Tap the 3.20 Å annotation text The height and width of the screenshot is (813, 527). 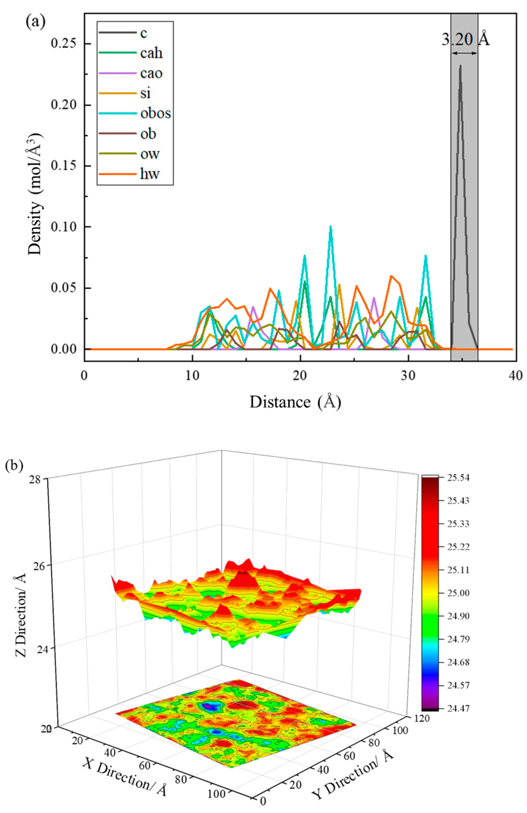pos(465,40)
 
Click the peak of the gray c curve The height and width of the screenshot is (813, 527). pos(460,66)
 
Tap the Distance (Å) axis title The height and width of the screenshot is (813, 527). pos(295,402)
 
